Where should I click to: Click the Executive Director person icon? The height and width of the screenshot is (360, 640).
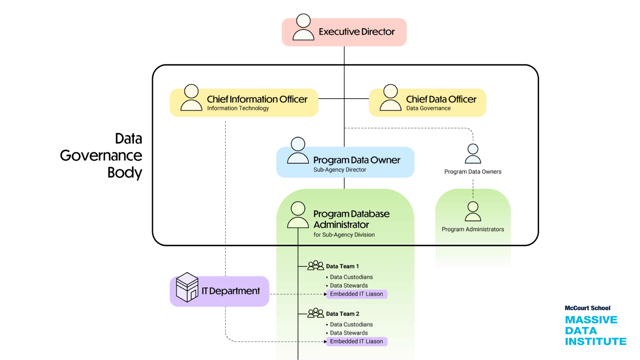point(303,27)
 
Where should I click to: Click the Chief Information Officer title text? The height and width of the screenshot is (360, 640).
point(257,99)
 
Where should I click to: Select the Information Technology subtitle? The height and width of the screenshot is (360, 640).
point(238,108)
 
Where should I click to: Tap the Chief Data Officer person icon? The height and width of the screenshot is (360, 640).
point(390,98)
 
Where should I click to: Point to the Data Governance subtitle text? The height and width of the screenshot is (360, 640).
point(428,108)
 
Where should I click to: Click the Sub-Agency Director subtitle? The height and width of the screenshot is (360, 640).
point(340,170)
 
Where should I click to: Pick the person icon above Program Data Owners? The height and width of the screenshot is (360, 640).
point(473,154)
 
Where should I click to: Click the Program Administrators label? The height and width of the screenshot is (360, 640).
point(473,229)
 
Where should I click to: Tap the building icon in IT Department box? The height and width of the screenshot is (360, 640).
point(187,287)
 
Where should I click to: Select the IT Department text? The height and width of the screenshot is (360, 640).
point(230,291)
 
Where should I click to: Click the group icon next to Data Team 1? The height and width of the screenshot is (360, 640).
point(316,266)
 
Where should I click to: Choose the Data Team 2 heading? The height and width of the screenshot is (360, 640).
point(342,314)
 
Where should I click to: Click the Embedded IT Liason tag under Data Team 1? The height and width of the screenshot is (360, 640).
point(356,294)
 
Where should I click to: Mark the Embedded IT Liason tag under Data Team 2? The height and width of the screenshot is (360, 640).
point(356,341)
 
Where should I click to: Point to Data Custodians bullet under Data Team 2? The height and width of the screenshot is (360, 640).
point(351,324)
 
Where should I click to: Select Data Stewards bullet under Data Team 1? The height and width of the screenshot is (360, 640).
point(348,285)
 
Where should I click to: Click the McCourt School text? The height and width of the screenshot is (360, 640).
point(587,308)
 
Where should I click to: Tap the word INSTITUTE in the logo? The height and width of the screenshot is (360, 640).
point(596,341)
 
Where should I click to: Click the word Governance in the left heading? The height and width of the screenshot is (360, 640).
point(101,156)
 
